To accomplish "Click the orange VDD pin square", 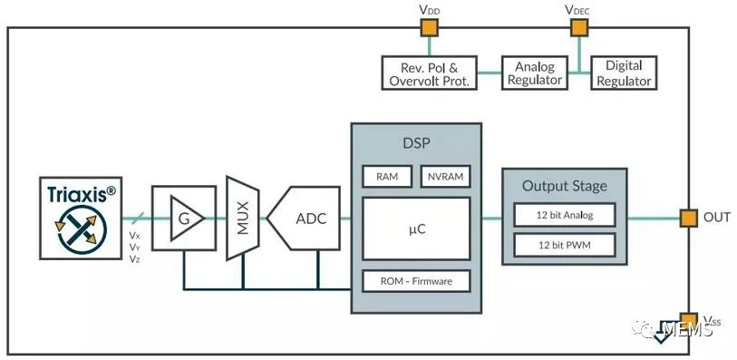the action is [429, 28].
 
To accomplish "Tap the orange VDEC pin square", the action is [579, 28].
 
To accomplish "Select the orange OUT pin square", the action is [689, 218].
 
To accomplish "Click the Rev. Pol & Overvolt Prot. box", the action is [429, 73].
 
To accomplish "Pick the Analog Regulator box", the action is [535, 73].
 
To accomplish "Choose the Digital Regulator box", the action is [624, 73].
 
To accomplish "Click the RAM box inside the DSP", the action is [387, 177].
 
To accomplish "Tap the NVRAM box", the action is [446, 177].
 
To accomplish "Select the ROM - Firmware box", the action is [416, 281].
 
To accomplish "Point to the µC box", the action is [416, 229].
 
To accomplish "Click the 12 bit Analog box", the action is [565, 215].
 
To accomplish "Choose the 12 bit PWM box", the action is [565, 245].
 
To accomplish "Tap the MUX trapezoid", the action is [243, 218].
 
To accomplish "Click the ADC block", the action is [304, 218].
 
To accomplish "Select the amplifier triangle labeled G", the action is [187, 218].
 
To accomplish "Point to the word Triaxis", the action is [78, 194].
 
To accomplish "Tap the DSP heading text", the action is [416, 143].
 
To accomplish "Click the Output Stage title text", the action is [565, 186].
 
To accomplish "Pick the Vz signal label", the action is [134, 258].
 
